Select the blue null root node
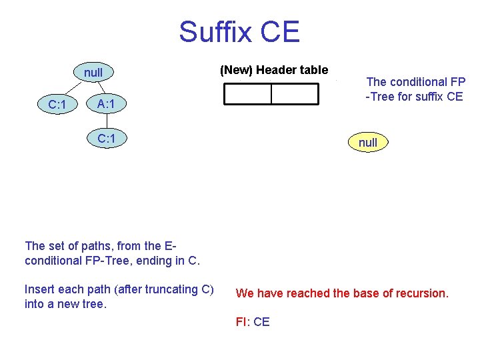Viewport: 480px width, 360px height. coord(93,71)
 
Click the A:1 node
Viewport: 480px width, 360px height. coord(107,104)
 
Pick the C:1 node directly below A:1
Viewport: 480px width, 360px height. coord(107,139)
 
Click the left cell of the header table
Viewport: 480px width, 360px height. coord(247,95)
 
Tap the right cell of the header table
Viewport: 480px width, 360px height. coord(295,95)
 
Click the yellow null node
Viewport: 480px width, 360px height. coord(368,142)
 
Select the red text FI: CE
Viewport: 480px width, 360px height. coord(253,322)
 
